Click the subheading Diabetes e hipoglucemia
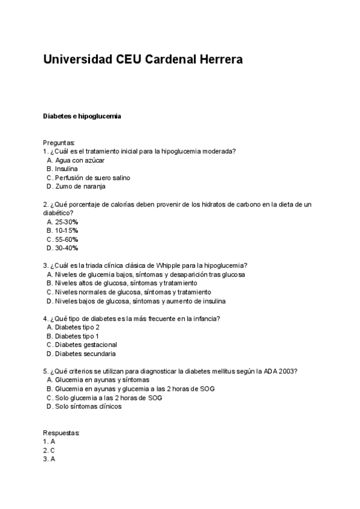(82, 116)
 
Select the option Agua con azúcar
(79, 161)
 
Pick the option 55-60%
(66, 239)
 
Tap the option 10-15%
(66, 230)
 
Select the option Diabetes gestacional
(85, 345)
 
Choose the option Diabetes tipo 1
(77, 336)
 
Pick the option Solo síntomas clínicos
(88, 406)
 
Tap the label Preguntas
(59, 143)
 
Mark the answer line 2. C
(49, 450)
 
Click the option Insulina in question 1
(66, 169)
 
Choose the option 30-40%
(66, 248)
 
